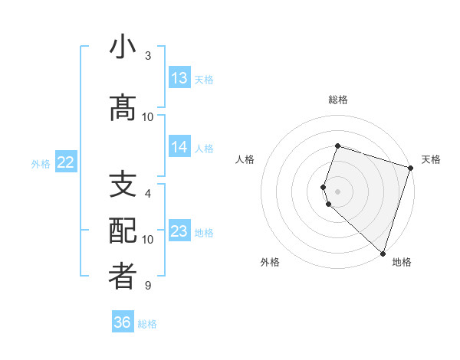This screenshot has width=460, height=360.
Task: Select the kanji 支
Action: pyautogui.click(x=123, y=185)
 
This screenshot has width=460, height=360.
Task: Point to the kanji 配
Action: pyautogui.click(x=123, y=231)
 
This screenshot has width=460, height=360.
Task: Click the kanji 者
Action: pyautogui.click(x=123, y=277)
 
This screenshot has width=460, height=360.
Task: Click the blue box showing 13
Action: pyautogui.click(x=179, y=78)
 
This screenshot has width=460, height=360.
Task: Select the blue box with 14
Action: pyautogui.click(x=179, y=147)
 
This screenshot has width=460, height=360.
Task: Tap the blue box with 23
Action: pyautogui.click(x=179, y=231)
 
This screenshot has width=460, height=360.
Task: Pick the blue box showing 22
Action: pyautogui.click(x=66, y=162)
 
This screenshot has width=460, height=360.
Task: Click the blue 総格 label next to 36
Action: pyautogui.click(x=147, y=324)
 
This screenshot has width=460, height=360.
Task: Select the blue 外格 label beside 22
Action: pyautogui.click(x=41, y=163)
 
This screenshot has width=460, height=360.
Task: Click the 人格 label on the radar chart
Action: pyautogui.click(x=245, y=159)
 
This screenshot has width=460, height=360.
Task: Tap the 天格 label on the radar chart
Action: pyautogui.click(x=431, y=159)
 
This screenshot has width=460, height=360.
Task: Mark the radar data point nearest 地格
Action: pyautogui.click(x=383, y=254)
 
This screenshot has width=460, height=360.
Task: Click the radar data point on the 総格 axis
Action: pyautogui.click(x=337, y=146)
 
